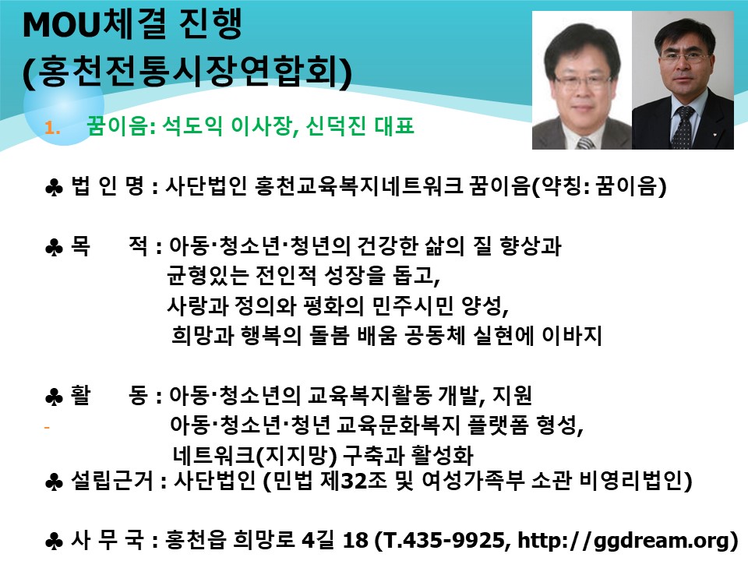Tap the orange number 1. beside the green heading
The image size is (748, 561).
tap(52, 128)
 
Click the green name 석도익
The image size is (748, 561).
tap(192, 126)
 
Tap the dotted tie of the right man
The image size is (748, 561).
tap(683, 127)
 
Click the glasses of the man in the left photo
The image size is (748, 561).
tap(583, 80)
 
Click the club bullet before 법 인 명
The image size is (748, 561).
tap(54, 188)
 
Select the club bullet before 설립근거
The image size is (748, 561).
tap(54, 482)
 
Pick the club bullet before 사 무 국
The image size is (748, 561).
tap(54, 542)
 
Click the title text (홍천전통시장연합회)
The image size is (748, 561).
tap(188, 72)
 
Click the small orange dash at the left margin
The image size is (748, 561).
tap(47, 428)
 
